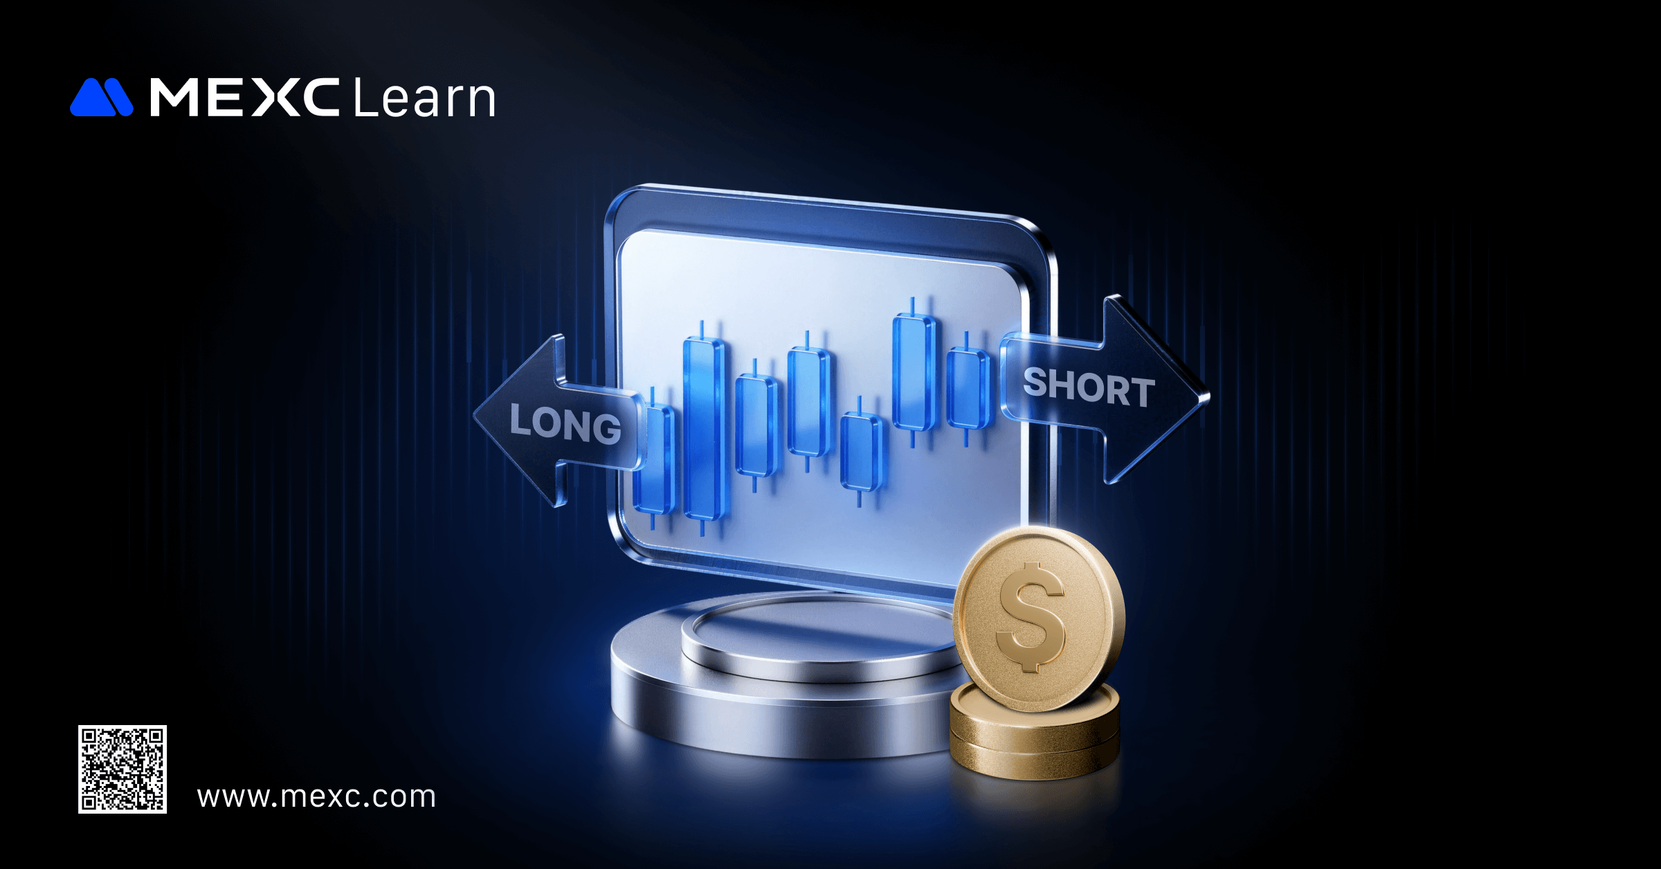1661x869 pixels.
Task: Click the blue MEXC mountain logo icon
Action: point(101,97)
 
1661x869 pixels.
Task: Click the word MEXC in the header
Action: point(244,97)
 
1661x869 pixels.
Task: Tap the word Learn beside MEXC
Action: point(424,97)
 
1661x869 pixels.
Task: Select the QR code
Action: point(122,769)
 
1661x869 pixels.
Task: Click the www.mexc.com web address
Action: point(316,797)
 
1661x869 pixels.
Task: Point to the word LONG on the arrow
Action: point(565,423)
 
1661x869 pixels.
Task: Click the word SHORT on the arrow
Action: point(1089,386)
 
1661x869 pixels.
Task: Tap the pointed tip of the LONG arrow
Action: point(475,417)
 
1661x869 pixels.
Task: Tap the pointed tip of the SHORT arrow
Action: point(1208,396)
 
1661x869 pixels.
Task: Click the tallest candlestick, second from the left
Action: point(705,428)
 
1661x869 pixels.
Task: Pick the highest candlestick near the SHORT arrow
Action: point(914,372)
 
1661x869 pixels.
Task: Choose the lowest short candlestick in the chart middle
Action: point(861,452)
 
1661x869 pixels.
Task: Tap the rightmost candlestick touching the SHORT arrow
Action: point(968,388)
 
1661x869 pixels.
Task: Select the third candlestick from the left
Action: point(756,426)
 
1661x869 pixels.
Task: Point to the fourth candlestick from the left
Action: point(808,401)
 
